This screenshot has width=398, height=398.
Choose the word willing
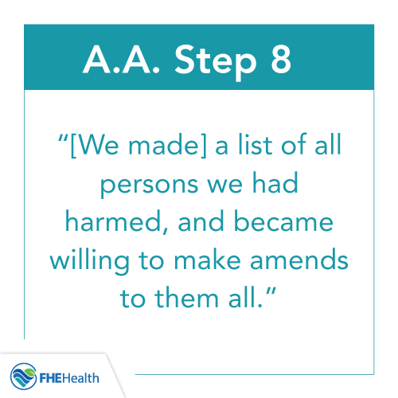pos(103,256)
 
